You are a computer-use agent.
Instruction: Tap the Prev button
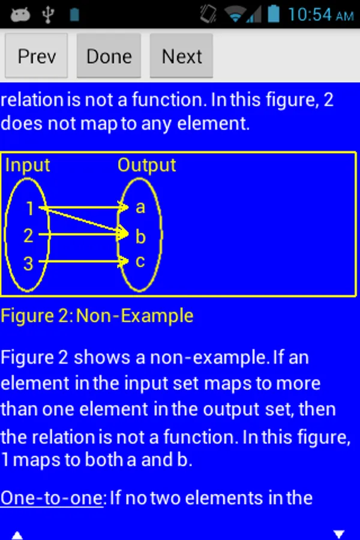coord(37,56)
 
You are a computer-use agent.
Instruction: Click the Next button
coord(181,56)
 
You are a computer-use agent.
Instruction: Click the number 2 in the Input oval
coord(28,236)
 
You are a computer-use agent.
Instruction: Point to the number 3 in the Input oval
coord(28,263)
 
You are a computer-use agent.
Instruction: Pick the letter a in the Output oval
coord(140,208)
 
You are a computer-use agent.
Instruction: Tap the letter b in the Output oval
coord(140,236)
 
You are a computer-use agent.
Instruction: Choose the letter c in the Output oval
coord(140,262)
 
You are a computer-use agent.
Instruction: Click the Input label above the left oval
coord(28,165)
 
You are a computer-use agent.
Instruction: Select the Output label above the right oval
coord(146,165)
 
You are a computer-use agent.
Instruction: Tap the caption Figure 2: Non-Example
coord(97,316)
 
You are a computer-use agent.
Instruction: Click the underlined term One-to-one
coord(52,497)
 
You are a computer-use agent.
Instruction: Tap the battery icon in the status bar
coord(274,14)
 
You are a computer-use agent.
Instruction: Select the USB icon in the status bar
coord(48,14)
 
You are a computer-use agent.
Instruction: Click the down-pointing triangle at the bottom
coord(339,533)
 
